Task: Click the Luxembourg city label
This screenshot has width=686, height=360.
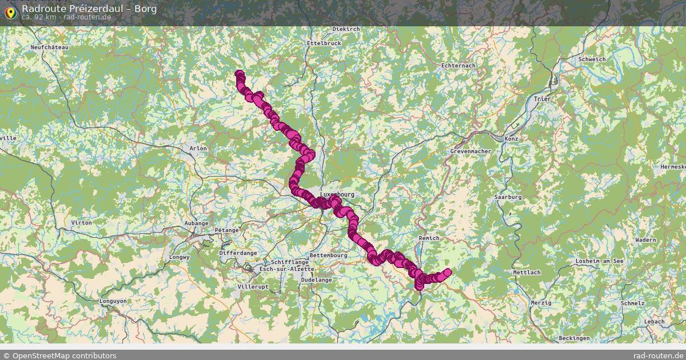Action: (x=337, y=194)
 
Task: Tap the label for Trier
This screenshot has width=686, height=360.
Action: (x=541, y=99)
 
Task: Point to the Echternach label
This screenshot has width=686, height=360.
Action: (x=458, y=66)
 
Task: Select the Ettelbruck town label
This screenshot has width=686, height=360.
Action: (x=324, y=43)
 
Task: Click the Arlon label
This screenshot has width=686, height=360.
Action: (x=198, y=148)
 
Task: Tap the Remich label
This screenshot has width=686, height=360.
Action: (x=429, y=238)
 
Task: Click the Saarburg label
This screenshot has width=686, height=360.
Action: (x=508, y=197)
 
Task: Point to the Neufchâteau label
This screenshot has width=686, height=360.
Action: (x=50, y=47)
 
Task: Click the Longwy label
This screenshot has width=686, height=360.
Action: (x=180, y=257)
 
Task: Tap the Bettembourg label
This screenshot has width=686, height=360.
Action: (x=328, y=255)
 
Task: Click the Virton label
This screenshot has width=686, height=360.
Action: (x=82, y=222)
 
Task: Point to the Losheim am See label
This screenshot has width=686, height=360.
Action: (x=600, y=261)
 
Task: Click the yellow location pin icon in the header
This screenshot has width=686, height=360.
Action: (x=10, y=12)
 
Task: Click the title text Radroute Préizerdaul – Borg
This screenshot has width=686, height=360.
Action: (x=89, y=9)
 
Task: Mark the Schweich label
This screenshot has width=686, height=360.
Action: (x=592, y=59)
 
